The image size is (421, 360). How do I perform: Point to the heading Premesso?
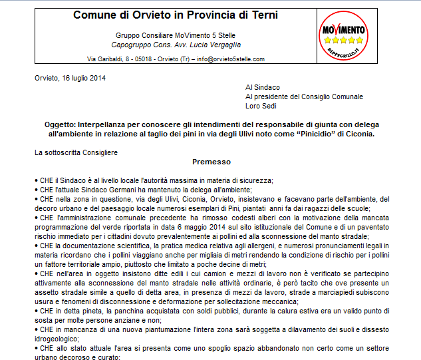(x=211, y=162)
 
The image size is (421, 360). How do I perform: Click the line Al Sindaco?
(x=263, y=87)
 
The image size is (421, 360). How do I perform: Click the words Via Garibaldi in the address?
(x=106, y=59)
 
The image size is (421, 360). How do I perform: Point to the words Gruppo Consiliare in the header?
(x=142, y=35)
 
